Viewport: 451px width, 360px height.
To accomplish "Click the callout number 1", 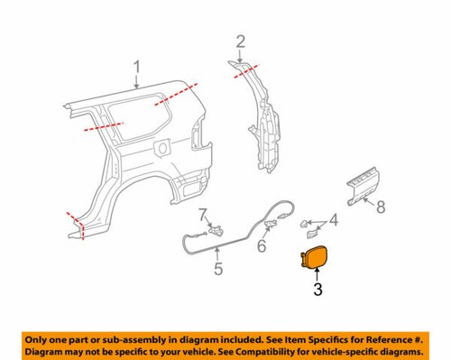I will coord(137,66).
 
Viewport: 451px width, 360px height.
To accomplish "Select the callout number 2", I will coord(240,40).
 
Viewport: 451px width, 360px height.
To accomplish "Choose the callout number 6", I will coord(262,245).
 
